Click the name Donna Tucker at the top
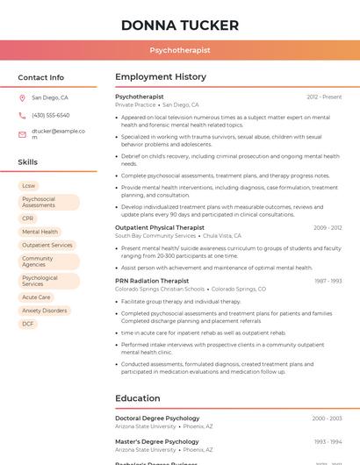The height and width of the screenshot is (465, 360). (180, 24)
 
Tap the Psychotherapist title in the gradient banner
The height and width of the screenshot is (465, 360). (180, 50)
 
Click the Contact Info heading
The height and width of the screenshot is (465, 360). (40, 77)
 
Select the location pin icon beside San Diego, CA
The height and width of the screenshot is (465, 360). (22, 98)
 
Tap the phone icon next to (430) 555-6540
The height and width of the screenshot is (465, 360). (22, 115)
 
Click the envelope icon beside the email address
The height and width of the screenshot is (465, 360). (22, 134)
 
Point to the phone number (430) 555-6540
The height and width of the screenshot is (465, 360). (50, 115)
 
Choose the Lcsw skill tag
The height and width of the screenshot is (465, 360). (29, 186)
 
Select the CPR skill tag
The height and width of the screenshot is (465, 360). (28, 218)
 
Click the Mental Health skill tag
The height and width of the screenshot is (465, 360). (40, 232)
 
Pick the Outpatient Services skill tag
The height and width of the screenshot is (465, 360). (47, 245)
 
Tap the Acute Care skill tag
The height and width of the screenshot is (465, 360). (36, 297)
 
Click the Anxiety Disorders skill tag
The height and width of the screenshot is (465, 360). (44, 311)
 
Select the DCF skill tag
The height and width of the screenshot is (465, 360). (28, 324)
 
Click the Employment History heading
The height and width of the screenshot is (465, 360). (161, 77)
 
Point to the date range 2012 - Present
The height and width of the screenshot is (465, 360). (324, 97)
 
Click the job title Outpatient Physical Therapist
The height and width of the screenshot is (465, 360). (160, 227)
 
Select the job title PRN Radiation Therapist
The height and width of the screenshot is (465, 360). (152, 281)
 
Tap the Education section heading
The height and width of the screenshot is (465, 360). (137, 398)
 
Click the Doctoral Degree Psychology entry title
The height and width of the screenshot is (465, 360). (157, 418)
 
